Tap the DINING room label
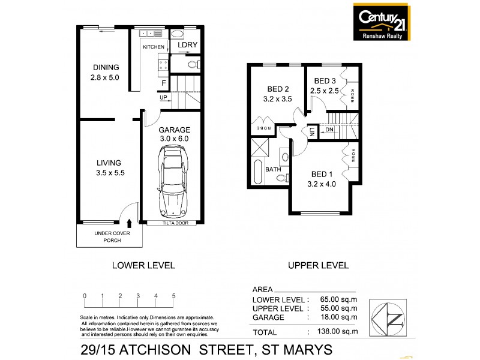106,67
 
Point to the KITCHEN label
153,46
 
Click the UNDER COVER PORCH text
108,236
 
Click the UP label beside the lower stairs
163,97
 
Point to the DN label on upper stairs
329,129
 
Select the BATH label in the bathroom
274,169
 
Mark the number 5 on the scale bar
173,296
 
